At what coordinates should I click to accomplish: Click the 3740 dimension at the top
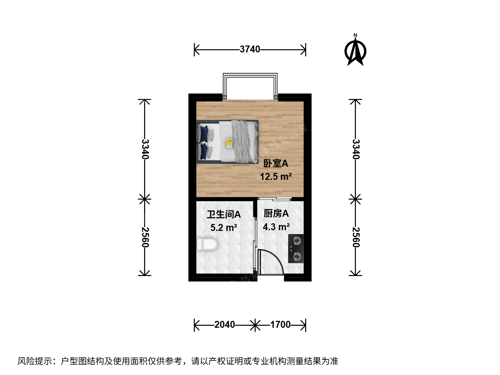(250, 49)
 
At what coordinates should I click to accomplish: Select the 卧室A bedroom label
(276, 163)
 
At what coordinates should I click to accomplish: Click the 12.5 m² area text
(276, 176)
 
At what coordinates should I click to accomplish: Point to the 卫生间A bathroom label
(224, 214)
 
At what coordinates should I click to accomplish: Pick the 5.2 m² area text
(224, 227)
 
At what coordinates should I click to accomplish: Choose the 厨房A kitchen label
(276, 213)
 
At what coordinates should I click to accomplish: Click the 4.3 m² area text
(276, 227)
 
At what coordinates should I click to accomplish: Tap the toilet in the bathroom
(207, 244)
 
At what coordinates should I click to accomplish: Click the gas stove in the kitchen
(296, 249)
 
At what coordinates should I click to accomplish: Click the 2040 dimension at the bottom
(224, 324)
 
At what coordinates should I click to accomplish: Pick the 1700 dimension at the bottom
(281, 324)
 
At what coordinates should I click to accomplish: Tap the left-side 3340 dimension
(145, 149)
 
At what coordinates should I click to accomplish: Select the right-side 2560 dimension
(356, 237)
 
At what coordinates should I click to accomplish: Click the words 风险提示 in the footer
(35, 361)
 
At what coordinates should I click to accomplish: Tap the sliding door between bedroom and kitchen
(275, 199)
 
